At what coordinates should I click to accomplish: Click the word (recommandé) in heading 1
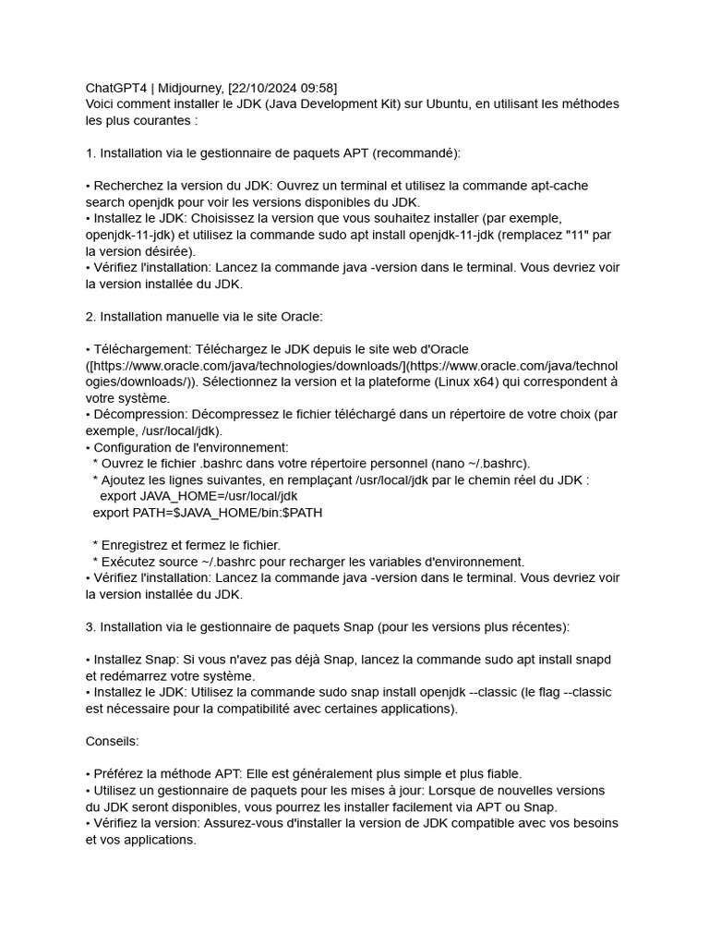pos(412,153)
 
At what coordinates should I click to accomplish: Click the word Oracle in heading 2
pos(300,317)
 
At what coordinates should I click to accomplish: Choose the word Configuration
pos(132,447)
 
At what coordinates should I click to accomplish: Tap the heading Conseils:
pos(113,741)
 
